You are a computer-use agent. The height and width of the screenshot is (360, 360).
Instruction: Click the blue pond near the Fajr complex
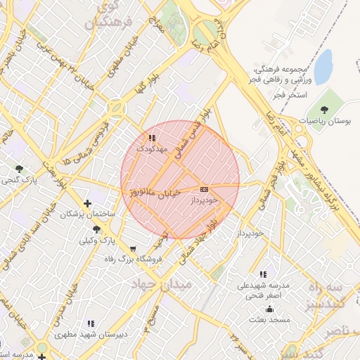[x=323, y=67]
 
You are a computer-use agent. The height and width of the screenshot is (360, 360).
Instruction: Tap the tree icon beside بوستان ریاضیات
[x=324, y=110]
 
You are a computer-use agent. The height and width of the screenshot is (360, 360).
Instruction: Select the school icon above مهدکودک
[x=152, y=138]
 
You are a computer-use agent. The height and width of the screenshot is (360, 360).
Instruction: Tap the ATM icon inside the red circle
[x=205, y=189]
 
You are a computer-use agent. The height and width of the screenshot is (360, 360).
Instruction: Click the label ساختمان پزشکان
[x=86, y=212]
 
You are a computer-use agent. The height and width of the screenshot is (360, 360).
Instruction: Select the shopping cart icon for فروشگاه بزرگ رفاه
[x=134, y=248]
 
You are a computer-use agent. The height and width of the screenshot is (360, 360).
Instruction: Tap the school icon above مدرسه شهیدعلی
[x=263, y=274]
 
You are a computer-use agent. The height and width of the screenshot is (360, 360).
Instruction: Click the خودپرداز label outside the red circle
[x=250, y=232]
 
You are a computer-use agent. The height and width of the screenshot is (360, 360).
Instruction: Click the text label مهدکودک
[x=153, y=149]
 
